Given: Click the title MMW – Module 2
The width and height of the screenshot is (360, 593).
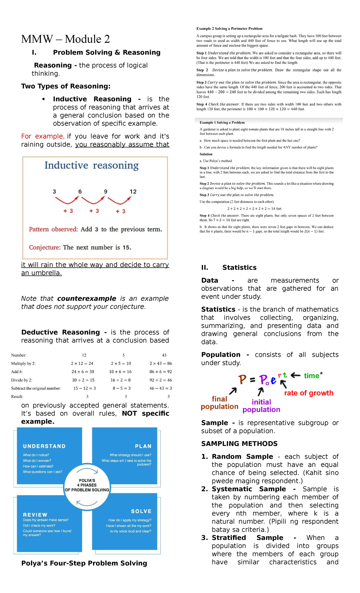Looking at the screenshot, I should click(65, 39).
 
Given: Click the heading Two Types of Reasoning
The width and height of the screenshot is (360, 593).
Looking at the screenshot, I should click(66, 86).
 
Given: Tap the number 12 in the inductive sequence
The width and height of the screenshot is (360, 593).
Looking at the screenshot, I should click(133, 191).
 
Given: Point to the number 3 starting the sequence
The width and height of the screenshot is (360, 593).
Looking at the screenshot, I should click(54, 191).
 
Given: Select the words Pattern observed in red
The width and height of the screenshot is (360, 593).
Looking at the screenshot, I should click(53, 229).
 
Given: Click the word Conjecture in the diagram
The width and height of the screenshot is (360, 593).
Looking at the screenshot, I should click(45, 248).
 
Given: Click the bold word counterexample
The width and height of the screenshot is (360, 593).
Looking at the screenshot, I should click(87, 299).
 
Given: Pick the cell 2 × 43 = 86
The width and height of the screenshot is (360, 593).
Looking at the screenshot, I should click(161, 363).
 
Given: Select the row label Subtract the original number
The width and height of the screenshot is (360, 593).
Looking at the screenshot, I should click(36, 388).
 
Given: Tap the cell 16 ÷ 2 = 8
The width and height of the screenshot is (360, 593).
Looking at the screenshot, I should click(120, 380).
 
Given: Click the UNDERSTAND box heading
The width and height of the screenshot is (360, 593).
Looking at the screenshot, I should click(44, 446).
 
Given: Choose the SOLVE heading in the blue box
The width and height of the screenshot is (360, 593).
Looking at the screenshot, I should click(141, 511).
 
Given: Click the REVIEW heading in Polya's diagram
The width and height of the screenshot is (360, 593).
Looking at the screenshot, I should click(35, 515).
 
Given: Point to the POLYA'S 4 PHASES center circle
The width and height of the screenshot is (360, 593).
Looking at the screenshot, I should click(87, 485).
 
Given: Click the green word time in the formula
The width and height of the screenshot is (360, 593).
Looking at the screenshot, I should click(311, 376).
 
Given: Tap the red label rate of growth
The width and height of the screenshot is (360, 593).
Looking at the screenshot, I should click(309, 393).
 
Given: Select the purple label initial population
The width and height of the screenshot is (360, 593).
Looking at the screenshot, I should click(261, 406).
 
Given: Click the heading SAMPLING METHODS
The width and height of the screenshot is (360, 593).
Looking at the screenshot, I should click(239, 444).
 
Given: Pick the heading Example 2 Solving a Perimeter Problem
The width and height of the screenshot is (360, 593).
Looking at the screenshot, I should click(229, 29).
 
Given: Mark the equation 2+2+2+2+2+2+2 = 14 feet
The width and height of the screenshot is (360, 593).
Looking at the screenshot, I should click(254, 209).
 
